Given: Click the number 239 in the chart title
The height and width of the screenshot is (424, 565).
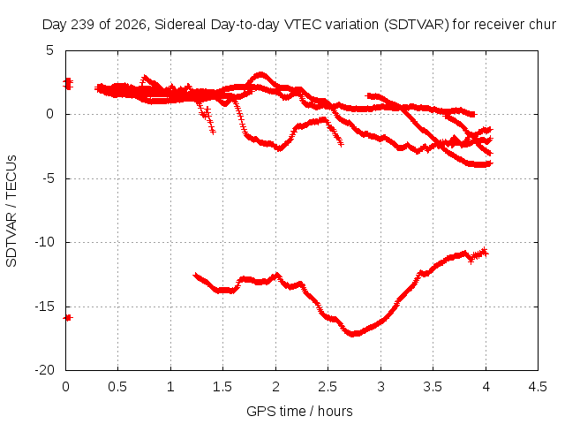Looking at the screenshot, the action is [x=83, y=25].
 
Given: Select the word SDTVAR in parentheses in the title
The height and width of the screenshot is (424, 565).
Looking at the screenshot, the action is [x=416, y=25].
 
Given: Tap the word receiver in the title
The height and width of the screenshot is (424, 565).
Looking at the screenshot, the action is [x=500, y=25].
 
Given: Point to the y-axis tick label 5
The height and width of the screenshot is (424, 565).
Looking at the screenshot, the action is [x=49, y=50].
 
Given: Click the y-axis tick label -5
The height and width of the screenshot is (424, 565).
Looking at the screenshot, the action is [x=47, y=178].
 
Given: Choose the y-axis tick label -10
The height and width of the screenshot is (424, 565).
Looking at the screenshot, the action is [x=44, y=242].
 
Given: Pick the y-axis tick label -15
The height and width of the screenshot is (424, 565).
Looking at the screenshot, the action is [x=44, y=307].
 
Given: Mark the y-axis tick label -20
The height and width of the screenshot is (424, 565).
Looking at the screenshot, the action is [x=44, y=370].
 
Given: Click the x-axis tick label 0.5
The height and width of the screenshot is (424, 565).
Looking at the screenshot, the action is [x=117, y=387].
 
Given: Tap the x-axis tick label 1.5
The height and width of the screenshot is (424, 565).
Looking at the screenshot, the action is [x=222, y=387].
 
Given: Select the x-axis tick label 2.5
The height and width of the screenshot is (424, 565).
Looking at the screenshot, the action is [x=328, y=387].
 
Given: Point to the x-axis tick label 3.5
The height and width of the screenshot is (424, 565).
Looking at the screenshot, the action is [x=433, y=387].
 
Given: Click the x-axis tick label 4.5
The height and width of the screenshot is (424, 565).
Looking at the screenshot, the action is [x=538, y=387].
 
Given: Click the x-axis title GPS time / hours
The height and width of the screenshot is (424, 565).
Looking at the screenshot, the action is [x=299, y=412].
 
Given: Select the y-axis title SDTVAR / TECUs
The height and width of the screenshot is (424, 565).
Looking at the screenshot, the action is [x=11, y=211].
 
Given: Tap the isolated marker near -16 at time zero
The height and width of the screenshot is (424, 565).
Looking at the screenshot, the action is [x=68, y=318].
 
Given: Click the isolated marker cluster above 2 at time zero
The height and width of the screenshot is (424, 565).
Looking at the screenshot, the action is [x=68, y=84].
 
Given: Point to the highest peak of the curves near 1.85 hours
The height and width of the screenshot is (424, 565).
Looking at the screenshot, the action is [x=260, y=74].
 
